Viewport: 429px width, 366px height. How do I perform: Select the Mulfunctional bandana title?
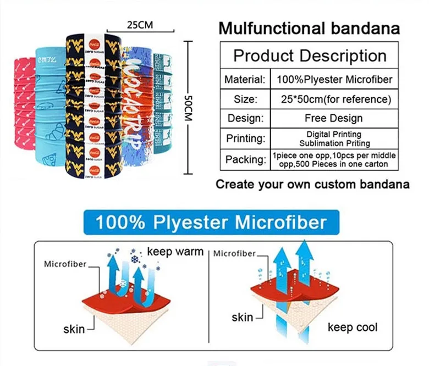(309, 28)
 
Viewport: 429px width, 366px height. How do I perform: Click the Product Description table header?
(310, 56)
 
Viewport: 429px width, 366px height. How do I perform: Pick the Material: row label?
(245, 80)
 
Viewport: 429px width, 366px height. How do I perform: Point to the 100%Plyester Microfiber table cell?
(334, 80)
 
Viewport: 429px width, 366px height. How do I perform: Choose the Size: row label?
(245, 99)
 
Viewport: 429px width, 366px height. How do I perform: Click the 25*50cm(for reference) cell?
(334, 99)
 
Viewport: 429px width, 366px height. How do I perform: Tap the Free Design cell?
(334, 118)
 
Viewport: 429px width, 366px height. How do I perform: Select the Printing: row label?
(245, 138)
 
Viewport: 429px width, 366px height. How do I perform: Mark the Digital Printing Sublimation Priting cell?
(334, 138)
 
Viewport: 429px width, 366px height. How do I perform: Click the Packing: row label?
(245, 159)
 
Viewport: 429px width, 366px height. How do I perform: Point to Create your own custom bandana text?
(312, 184)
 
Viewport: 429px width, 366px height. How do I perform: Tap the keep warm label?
(175, 252)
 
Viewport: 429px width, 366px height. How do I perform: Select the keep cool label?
(353, 328)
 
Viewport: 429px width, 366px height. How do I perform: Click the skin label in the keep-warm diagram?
(74, 329)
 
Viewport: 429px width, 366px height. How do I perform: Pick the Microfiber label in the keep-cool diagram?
(234, 253)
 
